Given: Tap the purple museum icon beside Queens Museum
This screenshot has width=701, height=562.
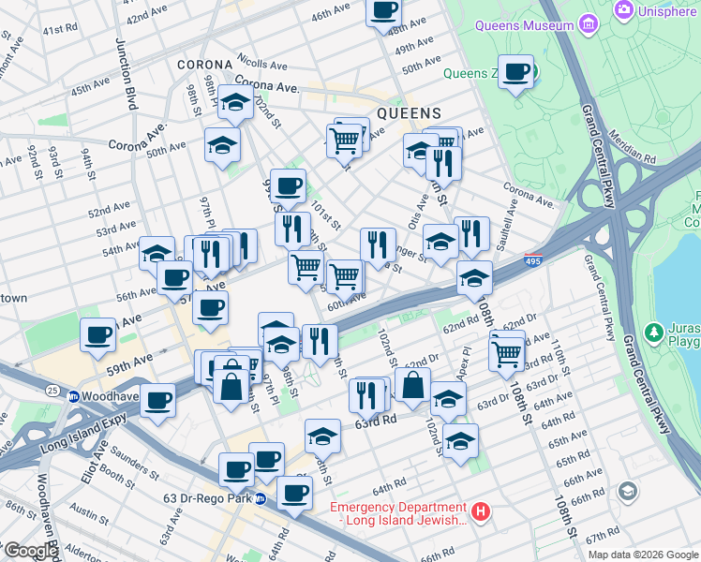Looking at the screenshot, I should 589,22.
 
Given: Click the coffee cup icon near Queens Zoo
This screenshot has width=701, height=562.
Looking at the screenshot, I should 515,71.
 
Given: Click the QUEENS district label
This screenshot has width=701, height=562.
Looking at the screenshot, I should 409,112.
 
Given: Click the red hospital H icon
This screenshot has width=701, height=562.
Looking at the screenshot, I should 481,512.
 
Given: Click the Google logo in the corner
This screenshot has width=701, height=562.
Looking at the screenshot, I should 30,550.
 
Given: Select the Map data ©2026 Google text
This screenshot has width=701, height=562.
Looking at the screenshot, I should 643,555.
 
